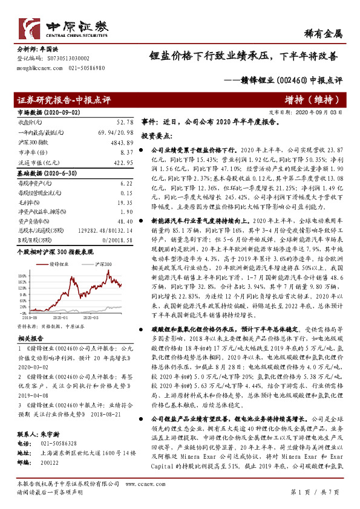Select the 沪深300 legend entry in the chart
103,264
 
